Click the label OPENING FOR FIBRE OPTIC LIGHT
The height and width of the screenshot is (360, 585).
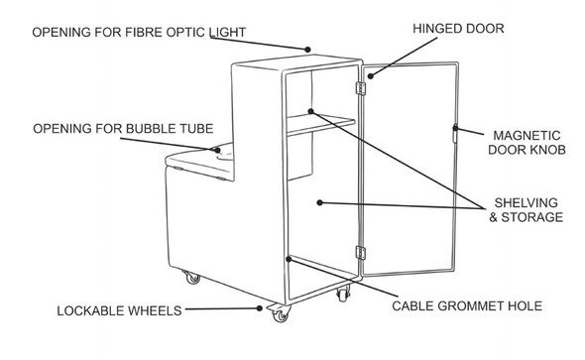pos(138,32)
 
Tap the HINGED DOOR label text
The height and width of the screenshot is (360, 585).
pos(458,30)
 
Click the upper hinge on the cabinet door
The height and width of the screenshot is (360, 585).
pos(361,87)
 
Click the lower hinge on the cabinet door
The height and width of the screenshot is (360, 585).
pos(361,254)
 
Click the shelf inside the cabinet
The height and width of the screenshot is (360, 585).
pos(317,123)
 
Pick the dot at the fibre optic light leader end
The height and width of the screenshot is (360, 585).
pos(309,47)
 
